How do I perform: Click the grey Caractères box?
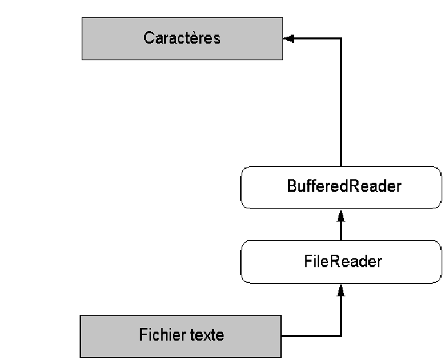pyautogui.click(x=182, y=39)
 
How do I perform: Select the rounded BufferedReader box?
pyautogui.click(x=341, y=187)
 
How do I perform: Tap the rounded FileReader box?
pyautogui.click(x=341, y=262)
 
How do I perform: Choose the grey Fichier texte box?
pyautogui.click(x=181, y=336)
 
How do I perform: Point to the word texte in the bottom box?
pyautogui.click(x=205, y=336)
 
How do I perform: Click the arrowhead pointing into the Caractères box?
pyautogui.click(x=289, y=39)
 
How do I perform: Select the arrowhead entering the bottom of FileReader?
pyautogui.click(x=341, y=289)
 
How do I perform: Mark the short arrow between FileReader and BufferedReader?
pyautogui.click(x=341, y=225)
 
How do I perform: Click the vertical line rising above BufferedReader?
pyautogui.click(x=341, y=104)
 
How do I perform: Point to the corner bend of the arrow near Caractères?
pyautogui.click(x=341, y=39)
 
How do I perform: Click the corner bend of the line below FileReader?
pyautogui.click(x=341, y=336)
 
